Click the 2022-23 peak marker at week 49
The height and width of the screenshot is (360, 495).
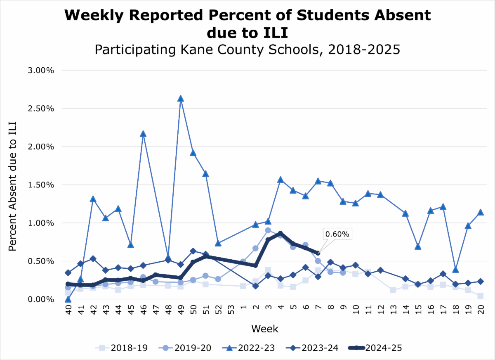tap(180, 99)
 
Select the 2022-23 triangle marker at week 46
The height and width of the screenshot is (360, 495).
tap(143, 134)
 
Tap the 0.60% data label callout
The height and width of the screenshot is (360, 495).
tap(337, 234)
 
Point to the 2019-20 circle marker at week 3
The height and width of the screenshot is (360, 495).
tap(268, 230)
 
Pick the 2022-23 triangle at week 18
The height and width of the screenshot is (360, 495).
tap(455, 270)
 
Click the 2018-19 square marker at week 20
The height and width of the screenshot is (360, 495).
tap(480, 296)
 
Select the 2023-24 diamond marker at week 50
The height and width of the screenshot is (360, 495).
tap(193, 251)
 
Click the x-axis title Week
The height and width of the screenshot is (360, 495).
tap(264, 329)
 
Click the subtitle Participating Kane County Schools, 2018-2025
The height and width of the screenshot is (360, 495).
tap(247, 50)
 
